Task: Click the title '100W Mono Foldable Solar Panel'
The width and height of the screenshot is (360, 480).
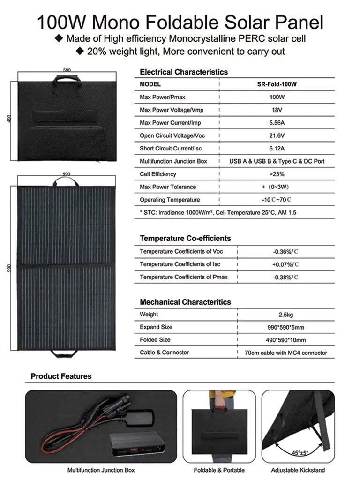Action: (180, 22)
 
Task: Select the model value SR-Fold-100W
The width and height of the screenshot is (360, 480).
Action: (277, 84)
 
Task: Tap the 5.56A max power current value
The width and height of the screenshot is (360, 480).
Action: (277, 123)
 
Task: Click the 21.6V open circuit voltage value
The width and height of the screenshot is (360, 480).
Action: (277, 135)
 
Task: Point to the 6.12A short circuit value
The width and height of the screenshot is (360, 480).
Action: (277, 149)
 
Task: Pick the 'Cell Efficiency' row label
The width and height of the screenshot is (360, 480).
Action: (158, 174)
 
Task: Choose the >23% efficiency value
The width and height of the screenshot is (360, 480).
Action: (277, 174)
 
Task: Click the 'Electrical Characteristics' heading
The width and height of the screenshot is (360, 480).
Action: (184, 72)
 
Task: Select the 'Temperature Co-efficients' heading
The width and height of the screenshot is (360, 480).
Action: (185, 238)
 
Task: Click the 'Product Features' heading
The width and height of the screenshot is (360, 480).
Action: (61, 376)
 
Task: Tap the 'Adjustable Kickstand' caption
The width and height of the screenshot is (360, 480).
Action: (298, 470)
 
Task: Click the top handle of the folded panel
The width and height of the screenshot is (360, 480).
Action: (67, 77)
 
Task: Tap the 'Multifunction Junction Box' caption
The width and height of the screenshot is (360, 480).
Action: (101, 470)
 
